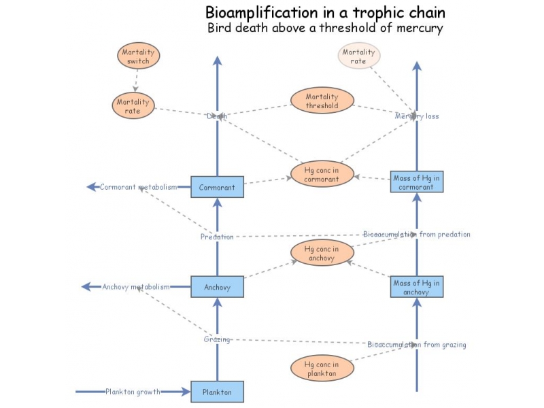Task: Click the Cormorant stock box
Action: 217,187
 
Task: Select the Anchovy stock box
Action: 217,287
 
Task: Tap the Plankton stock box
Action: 217,392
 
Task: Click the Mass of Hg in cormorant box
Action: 417,182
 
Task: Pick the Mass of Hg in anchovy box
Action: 417,287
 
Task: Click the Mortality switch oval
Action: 138,56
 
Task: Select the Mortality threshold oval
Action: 322,101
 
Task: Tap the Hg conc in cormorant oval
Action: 322,175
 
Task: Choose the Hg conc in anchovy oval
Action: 322,253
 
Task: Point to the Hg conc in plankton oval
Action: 322,369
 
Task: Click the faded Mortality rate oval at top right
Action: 359,56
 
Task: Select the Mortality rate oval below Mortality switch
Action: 133,106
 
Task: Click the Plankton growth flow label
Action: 133,392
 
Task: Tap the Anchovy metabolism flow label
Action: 136,287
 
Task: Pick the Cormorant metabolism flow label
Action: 139,187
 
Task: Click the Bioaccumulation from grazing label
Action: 417,345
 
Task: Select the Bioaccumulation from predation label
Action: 416,235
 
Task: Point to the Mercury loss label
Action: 417,116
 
